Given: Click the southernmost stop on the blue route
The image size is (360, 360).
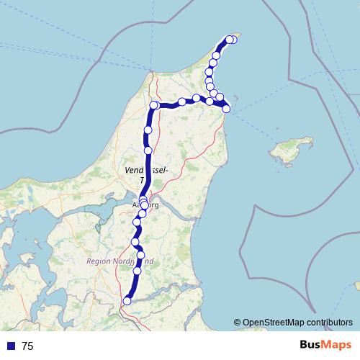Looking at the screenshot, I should pyautogui.click(x=127, y=301).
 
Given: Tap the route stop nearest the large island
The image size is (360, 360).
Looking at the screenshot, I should pyautogui.click(x=226, y=109).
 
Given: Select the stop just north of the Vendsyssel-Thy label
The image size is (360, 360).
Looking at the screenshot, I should pyautogui.click(x=148, y=150).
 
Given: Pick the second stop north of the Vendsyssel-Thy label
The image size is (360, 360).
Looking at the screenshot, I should pyautogui.click(x=148, y=130).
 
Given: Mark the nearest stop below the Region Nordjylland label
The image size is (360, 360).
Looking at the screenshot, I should pyautogui.click(x=137, y=271).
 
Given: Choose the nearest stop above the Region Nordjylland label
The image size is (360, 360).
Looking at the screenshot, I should pyautogui.click(x=140, y=255).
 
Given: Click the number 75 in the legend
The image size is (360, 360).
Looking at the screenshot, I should pyautogui.click(x=27, y=346).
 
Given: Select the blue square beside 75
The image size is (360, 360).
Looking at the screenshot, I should pyautogui.click(x=11, y=346).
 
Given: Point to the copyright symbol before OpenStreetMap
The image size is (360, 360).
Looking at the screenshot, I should pyautogui.click(x=237, y=323).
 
